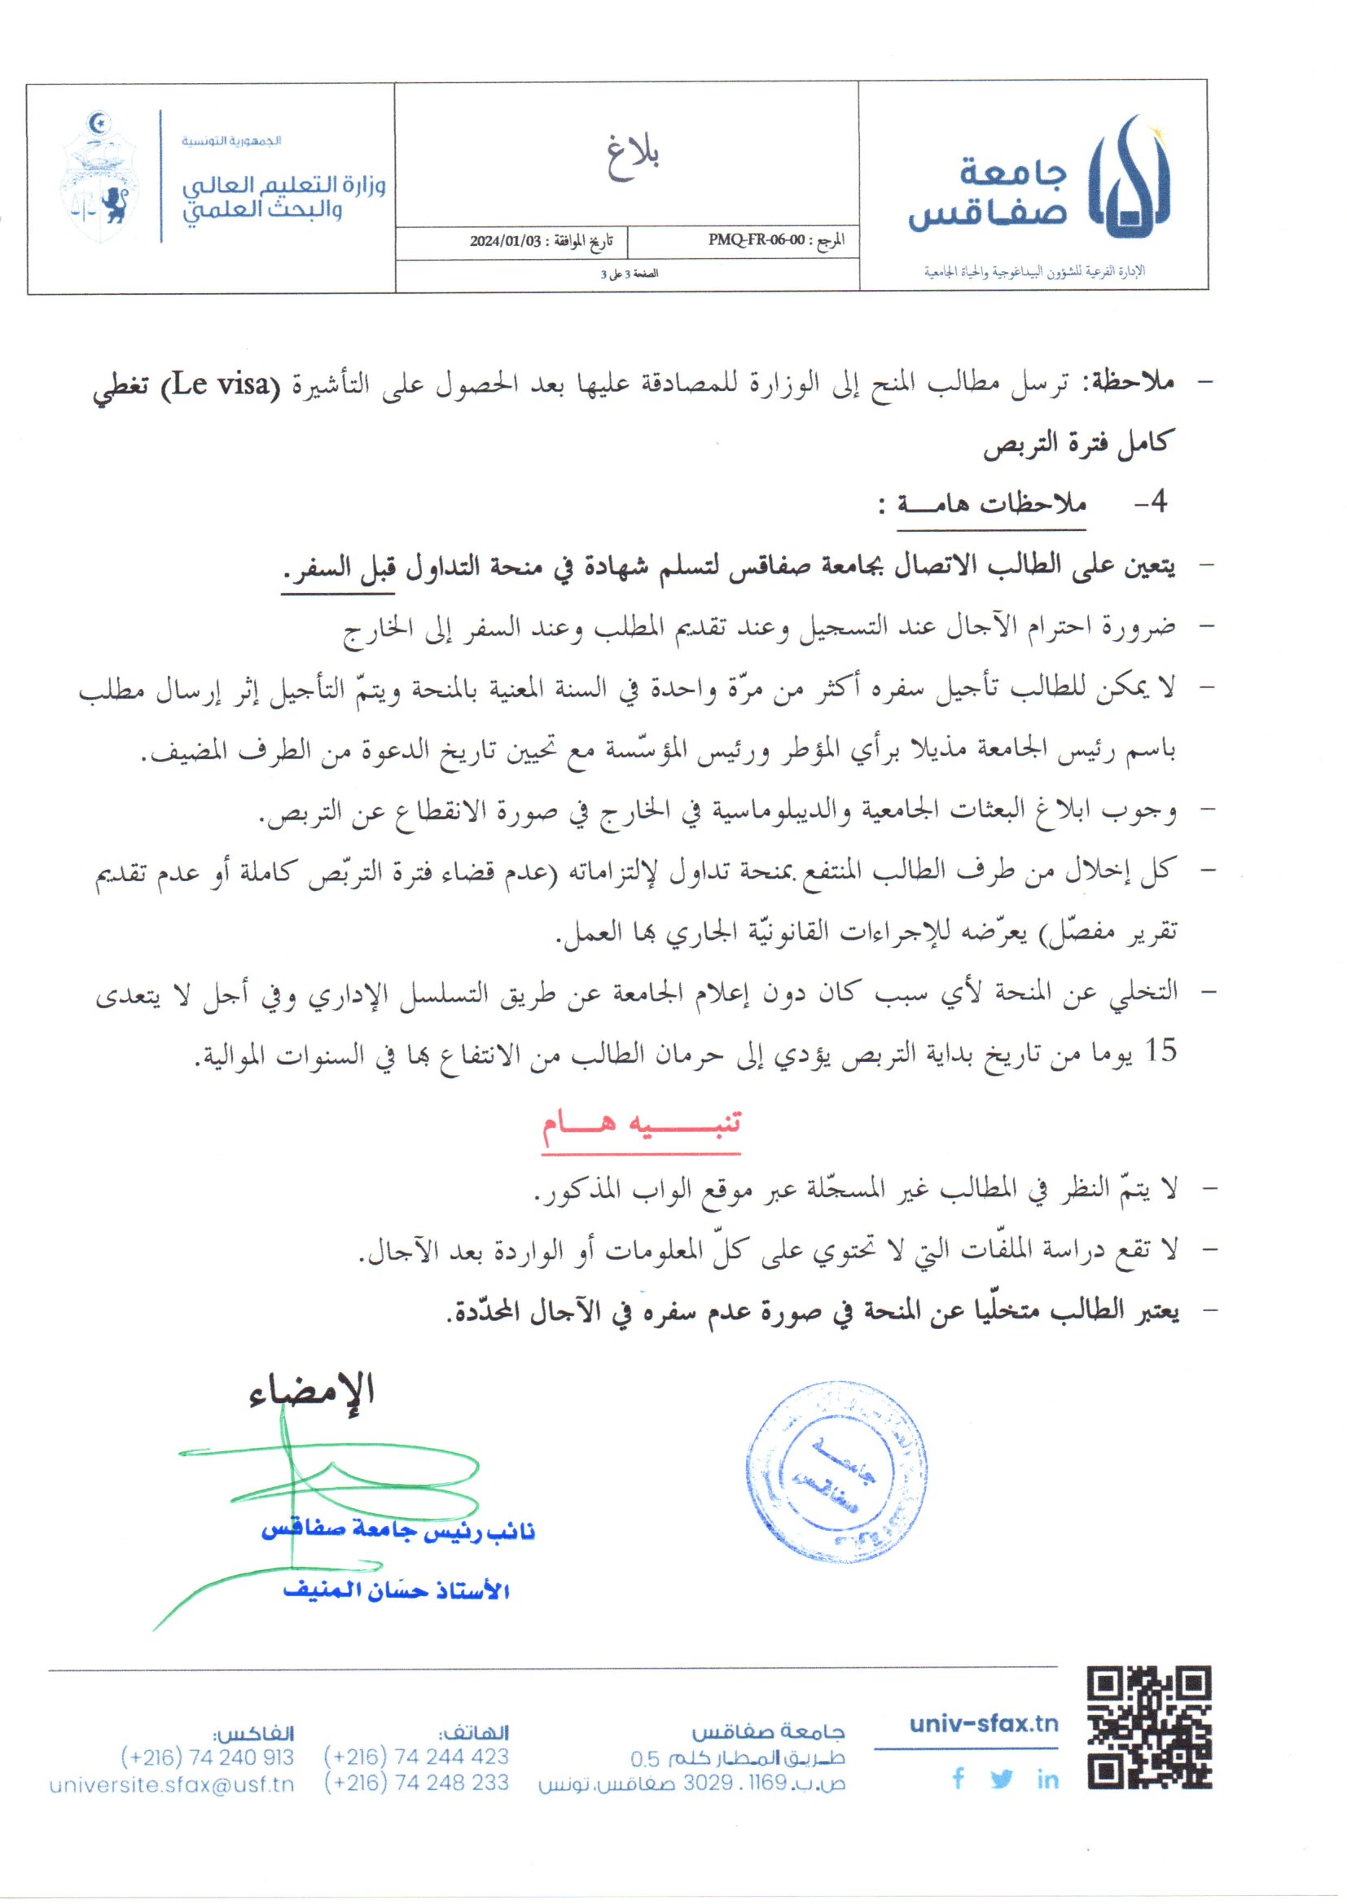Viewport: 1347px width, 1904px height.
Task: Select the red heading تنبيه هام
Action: [x=641, y=1125]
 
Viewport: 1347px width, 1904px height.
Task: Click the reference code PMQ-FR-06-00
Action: [x=756, y=241]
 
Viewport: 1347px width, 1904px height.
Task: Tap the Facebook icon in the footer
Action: [x=959, y=1777]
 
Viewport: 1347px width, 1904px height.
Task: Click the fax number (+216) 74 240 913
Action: [x=207, y=1757]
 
